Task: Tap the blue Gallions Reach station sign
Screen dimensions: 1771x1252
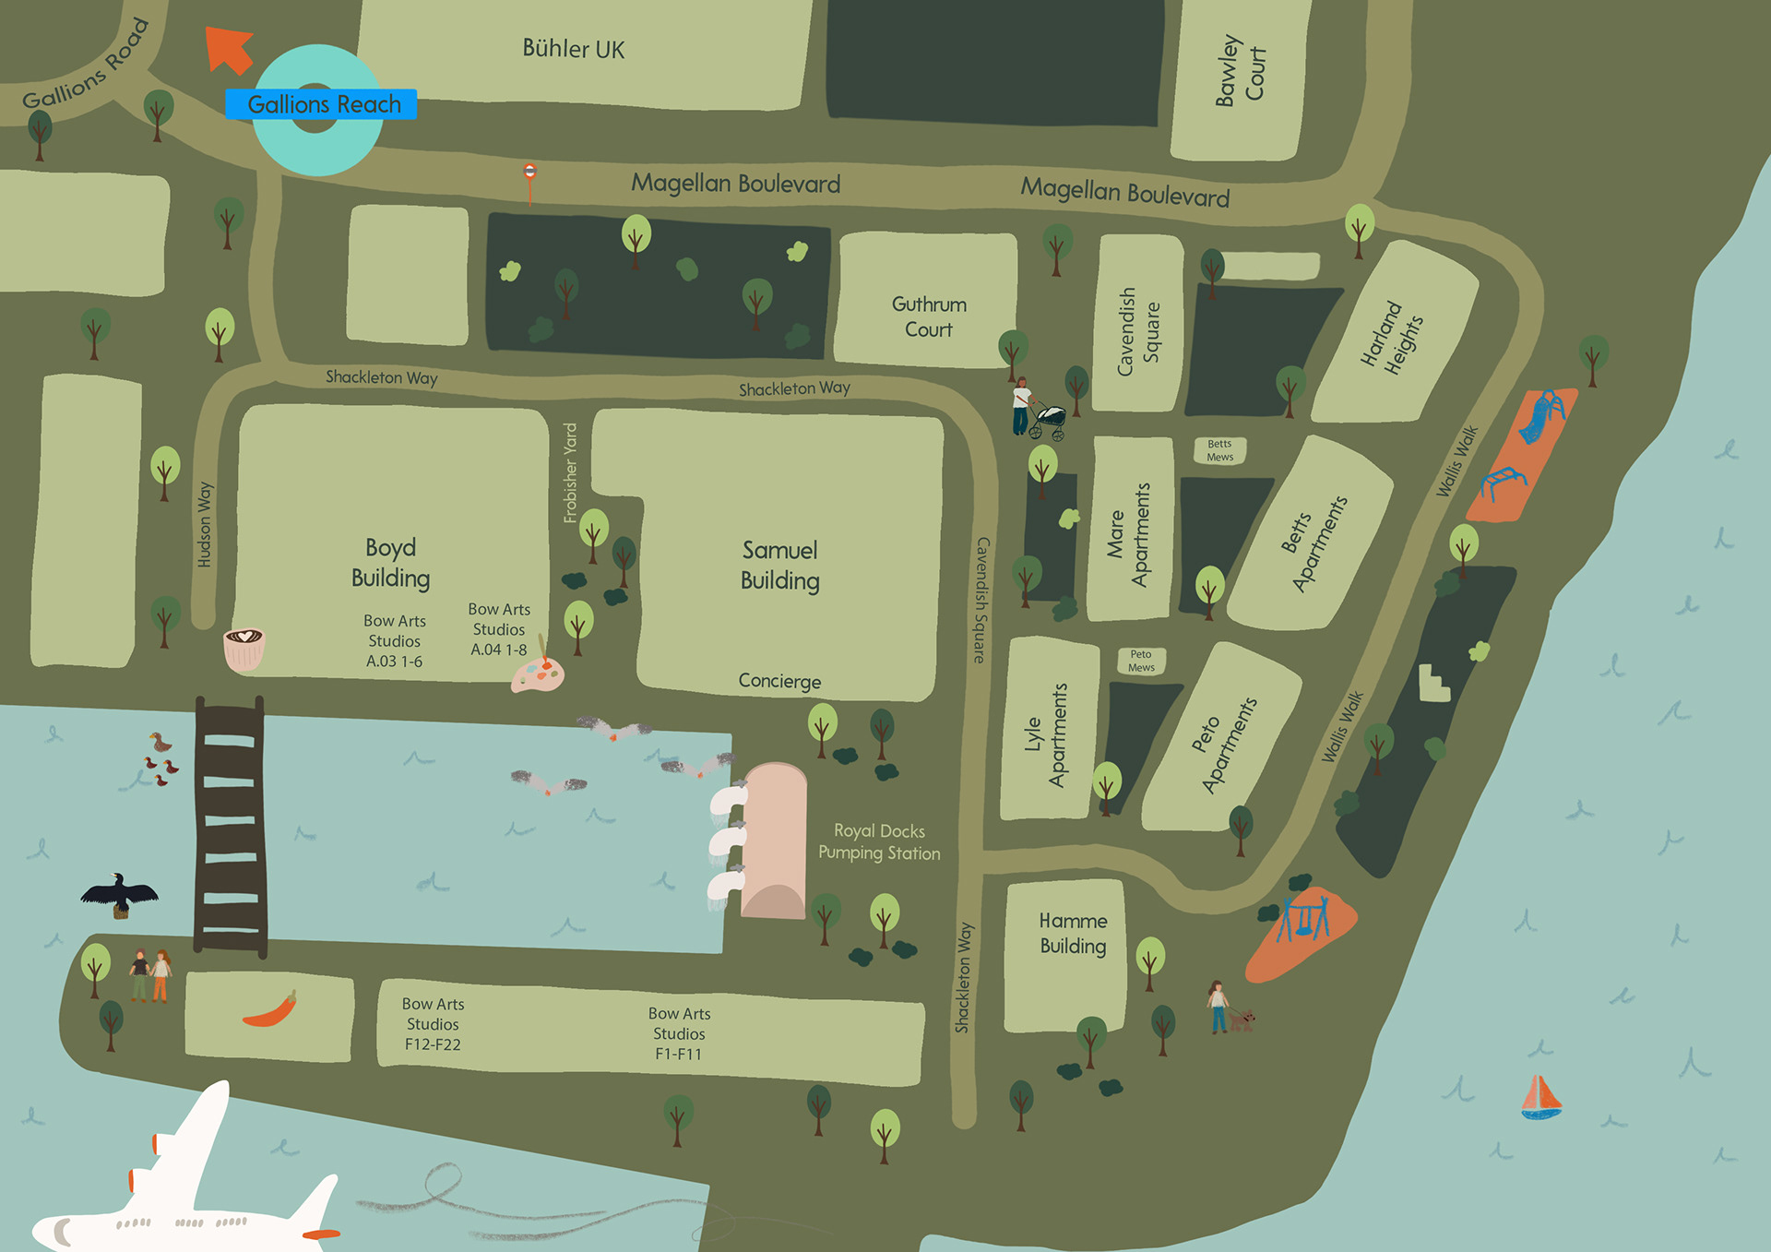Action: [321, 104]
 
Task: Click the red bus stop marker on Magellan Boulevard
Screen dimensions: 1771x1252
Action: [529, 173]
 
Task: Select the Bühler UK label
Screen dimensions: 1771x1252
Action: [573, 49]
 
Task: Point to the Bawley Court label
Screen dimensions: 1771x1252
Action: [1240, 72]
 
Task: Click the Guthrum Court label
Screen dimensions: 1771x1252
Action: [929, 316]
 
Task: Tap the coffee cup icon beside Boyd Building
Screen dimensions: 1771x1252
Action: [244, 648]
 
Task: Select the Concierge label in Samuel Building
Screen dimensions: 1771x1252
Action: [779, 681]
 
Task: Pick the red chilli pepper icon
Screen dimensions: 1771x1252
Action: [270, 1011]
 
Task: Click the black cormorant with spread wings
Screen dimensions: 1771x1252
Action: [119, 894]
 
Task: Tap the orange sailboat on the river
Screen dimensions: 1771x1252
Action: [1540, 1097]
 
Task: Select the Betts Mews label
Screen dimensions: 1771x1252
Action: [1219, 450]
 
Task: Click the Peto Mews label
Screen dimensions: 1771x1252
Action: [1141, 661]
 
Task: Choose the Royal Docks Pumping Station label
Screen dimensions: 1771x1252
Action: [879, 841]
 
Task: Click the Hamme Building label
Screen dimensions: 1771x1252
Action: [1073, 933]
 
